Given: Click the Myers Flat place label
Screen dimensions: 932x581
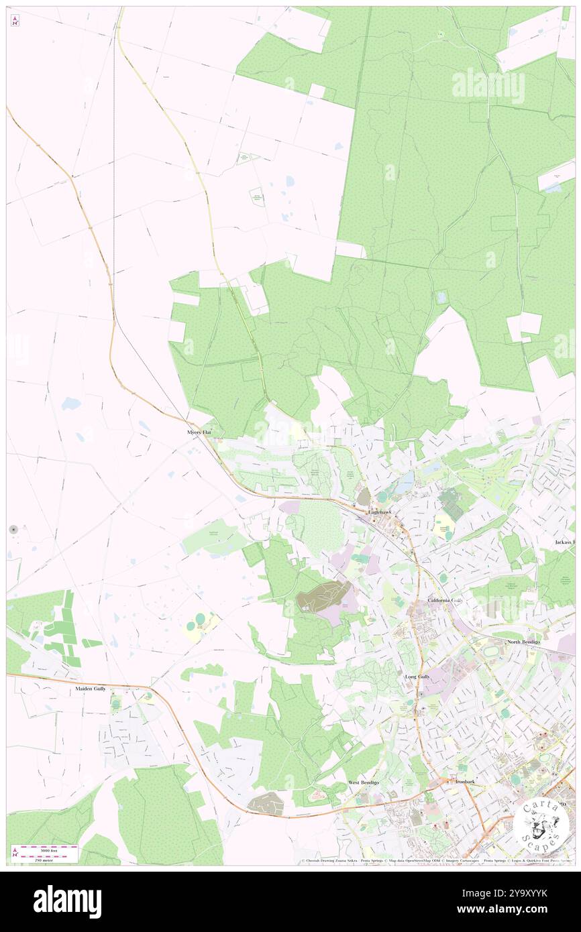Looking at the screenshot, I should tap(199, 432).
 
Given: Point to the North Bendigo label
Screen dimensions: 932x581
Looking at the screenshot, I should tap(523, 642).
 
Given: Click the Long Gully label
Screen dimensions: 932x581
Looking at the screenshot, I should tap(417, 677).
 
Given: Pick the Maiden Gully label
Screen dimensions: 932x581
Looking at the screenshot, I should tap(91, 689).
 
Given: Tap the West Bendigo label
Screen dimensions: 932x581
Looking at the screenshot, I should tap(364, 782).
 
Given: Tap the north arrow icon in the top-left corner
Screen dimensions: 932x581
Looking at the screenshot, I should tap(15, 21).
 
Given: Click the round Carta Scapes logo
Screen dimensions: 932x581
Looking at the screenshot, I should tap(541, 823).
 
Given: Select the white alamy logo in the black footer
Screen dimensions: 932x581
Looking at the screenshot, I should tap(67, 902).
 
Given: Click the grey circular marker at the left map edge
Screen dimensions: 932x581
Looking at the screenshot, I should tap(13, 530).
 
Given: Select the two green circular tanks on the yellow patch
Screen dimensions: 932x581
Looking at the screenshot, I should tap(196, 625).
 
